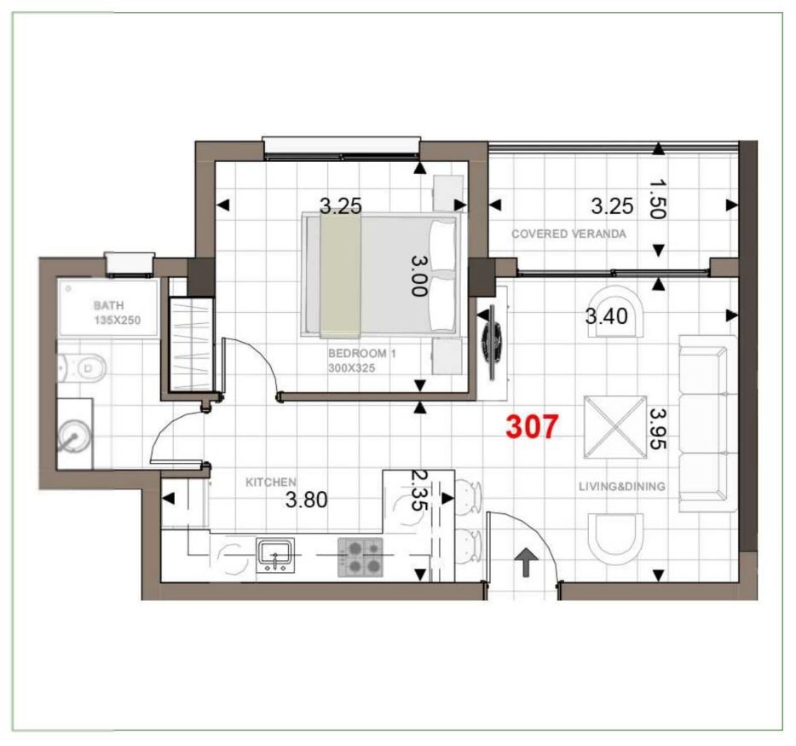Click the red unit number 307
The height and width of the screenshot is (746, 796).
coord(532,426)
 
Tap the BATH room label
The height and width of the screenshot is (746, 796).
coord(108,304)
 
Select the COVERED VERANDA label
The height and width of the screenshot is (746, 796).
coord(568,234)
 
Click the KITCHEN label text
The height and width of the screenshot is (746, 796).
coord(271,483)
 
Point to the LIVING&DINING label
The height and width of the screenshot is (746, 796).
coord(621,487)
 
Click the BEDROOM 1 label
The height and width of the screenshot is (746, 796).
coord(362,352)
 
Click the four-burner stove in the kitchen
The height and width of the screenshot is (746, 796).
coord(360,557)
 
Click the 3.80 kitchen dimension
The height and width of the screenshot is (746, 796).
coord(306,500)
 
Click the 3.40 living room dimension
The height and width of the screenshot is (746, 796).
coord(606,317)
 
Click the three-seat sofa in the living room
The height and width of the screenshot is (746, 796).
coord(707,423)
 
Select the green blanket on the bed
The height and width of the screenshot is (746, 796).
coord(340,275)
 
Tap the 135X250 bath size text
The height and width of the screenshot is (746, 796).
coord(118,320)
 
